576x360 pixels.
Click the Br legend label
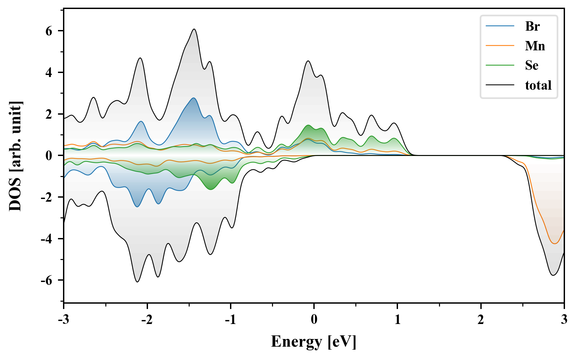pos(532,26)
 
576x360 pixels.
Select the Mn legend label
pos(535,46)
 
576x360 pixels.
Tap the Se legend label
pos(532,65)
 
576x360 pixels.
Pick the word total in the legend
pos(538,85)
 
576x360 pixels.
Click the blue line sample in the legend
pos(500,26)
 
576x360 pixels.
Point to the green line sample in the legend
pos(500,65)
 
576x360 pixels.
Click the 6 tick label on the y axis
pos(49,31)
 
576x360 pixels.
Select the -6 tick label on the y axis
pos(47,280)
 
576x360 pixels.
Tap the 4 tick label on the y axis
pos(49,73)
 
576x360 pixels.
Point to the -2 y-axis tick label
pos(47,197)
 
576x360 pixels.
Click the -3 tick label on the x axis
pos(63,320)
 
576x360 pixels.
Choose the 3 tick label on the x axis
pos(564,320)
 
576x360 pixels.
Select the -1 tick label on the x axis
pos(230,320)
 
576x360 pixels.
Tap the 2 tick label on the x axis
pos(481,320)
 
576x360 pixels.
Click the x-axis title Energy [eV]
pos(314,342)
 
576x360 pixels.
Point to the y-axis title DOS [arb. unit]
pos(15,156)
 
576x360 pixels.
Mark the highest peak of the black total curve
pos(194,29)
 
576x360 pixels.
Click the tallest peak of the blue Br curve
pos(193,98)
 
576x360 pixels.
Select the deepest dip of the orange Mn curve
pos(555,244)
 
